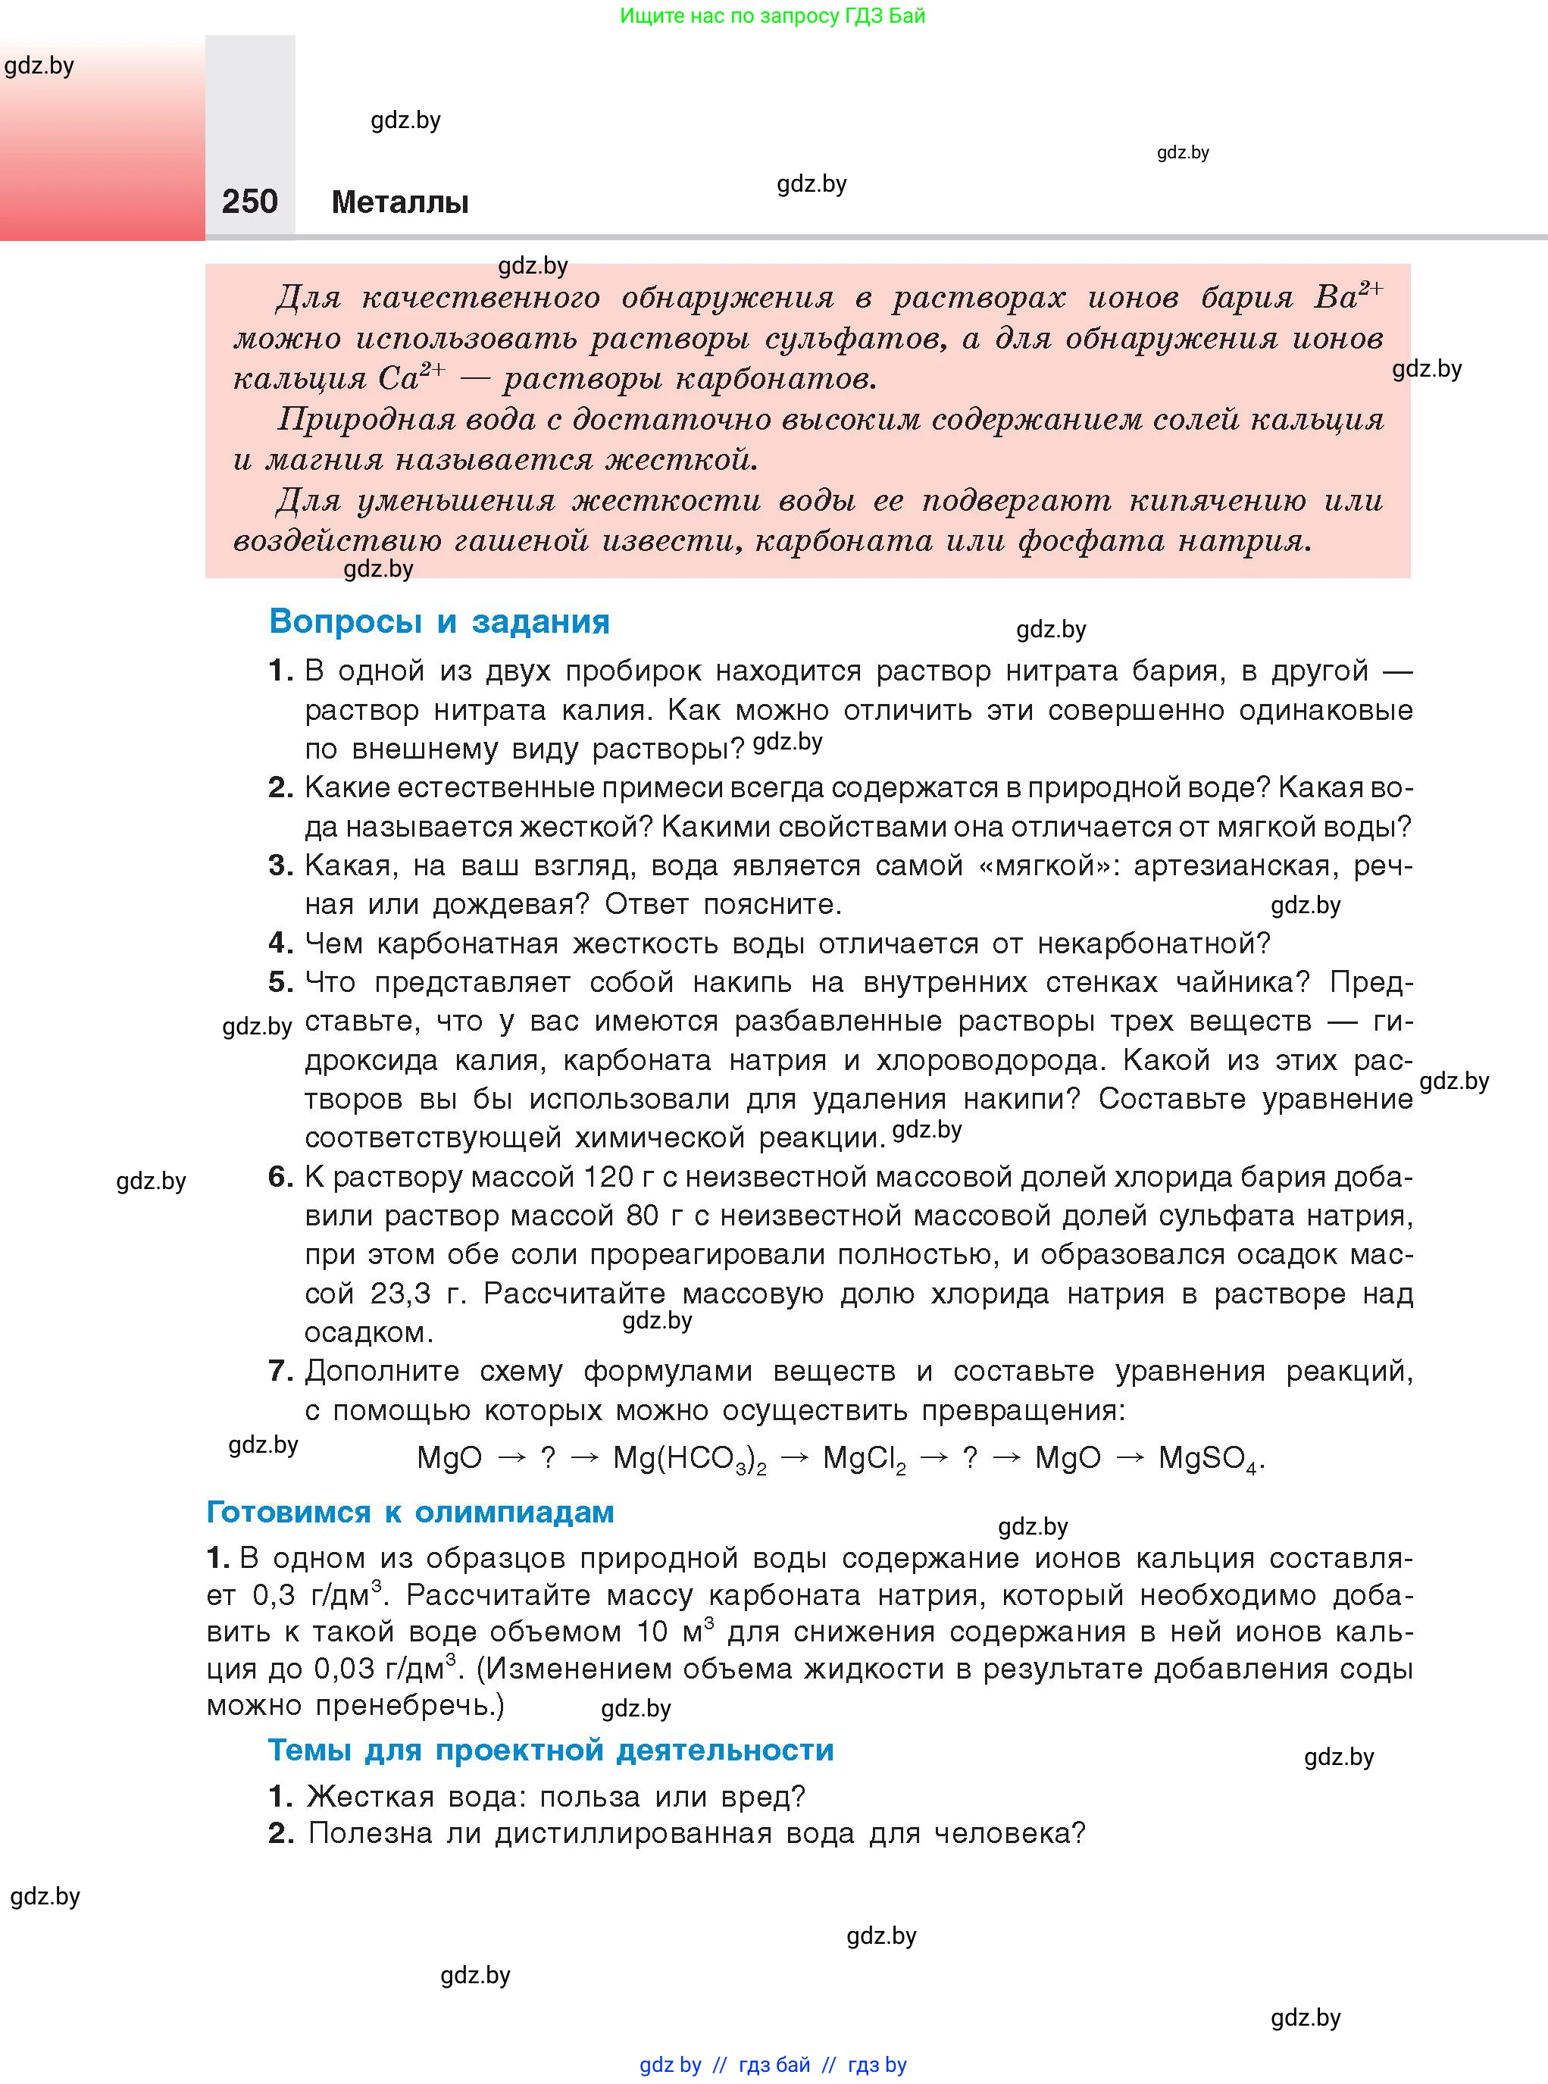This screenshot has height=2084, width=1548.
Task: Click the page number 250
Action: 249,202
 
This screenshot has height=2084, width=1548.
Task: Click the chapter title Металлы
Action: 400,202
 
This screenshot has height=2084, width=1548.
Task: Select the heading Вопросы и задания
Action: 439,621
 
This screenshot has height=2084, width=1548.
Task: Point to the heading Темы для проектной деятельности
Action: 551,1750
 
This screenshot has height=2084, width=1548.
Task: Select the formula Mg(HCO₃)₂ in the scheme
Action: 689,1459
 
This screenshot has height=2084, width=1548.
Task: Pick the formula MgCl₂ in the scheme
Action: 864,1459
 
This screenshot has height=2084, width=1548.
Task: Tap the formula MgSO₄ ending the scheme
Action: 1208,1459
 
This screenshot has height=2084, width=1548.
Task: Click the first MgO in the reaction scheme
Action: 450,1458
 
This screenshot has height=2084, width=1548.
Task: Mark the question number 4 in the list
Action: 280,943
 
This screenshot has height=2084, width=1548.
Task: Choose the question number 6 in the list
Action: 280,1176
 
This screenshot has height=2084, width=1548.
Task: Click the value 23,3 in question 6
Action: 400,1294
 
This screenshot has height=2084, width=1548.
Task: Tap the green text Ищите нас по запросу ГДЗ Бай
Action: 772,16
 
